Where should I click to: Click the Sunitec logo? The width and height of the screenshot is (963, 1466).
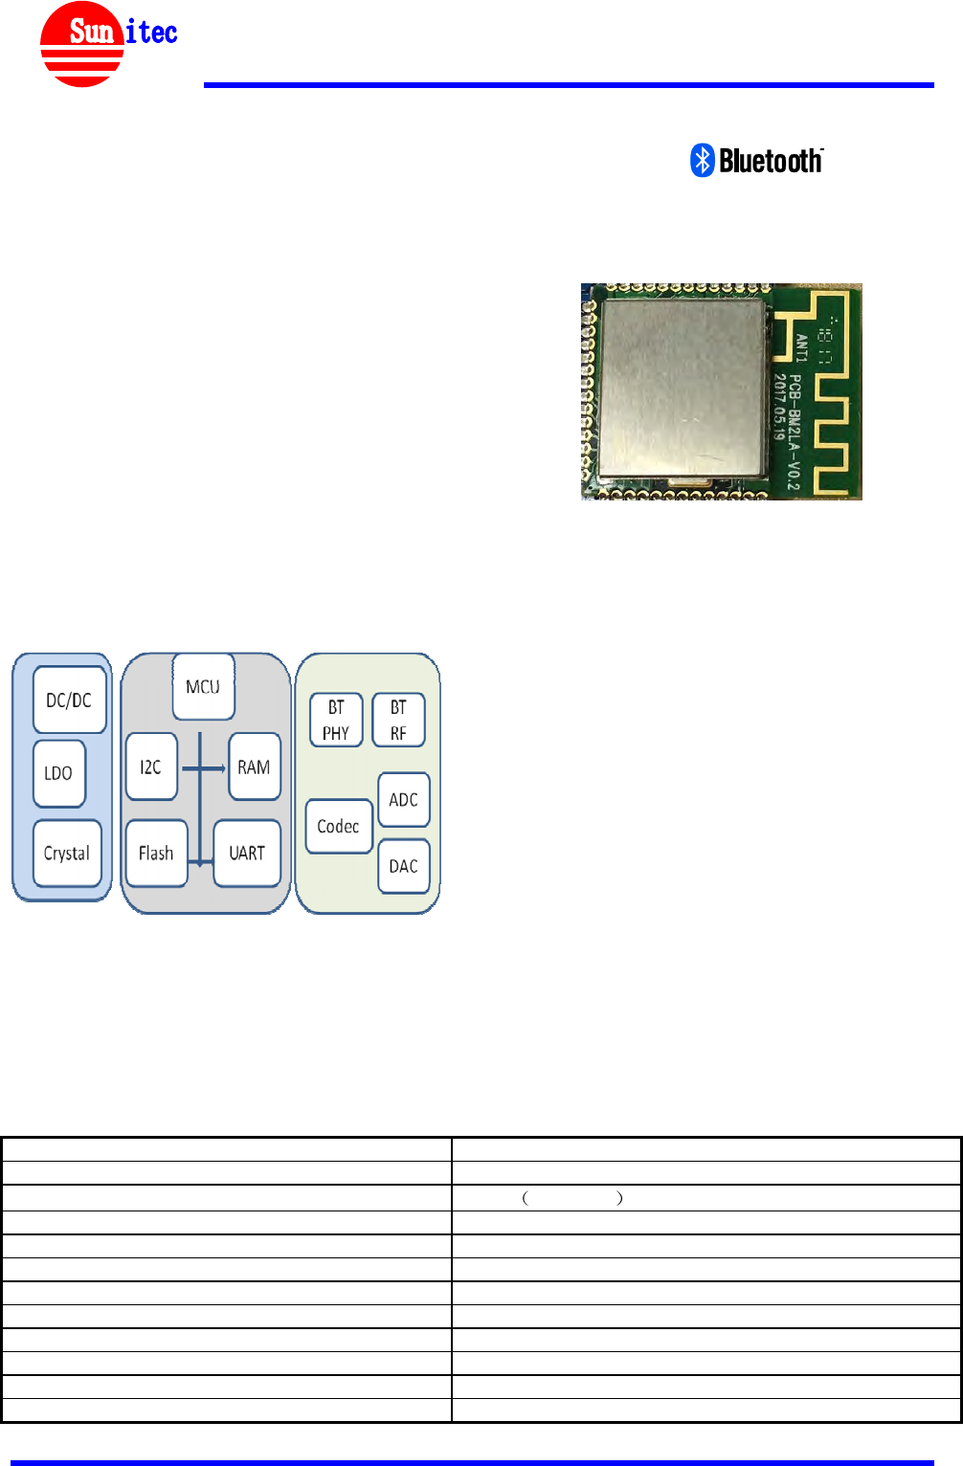(x=107, y=44)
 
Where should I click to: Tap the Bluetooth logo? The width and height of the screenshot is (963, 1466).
(x=756, y=161)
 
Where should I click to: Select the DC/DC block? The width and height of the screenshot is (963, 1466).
(x=69, y=700)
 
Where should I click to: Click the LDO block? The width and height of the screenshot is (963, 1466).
(x=58, y=772)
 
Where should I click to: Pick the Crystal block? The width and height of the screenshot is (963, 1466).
(x=67, y=853)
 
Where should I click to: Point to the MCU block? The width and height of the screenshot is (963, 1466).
(x=203, y=686)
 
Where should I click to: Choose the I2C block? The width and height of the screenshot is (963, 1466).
(x=151, y=766)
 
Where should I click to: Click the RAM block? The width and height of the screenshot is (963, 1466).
(x=254, y=766)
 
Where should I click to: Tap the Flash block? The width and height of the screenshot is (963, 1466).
(x=156, y=853)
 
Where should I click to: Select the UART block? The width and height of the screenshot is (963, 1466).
(x=247, y=853)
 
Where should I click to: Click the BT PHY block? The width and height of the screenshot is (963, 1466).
(x=336, y=720)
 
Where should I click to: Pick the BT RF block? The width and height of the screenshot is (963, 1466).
(x=398, y=720)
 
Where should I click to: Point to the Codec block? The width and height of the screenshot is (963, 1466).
(x=338, y=826)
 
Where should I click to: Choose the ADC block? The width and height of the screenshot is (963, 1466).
(x=403, y=799)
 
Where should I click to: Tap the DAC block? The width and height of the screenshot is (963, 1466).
(x=403, y=866)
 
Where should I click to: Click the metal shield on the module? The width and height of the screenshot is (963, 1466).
(x=682, y=388)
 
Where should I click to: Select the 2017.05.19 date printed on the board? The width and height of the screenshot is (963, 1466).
(x=780, y=400)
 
